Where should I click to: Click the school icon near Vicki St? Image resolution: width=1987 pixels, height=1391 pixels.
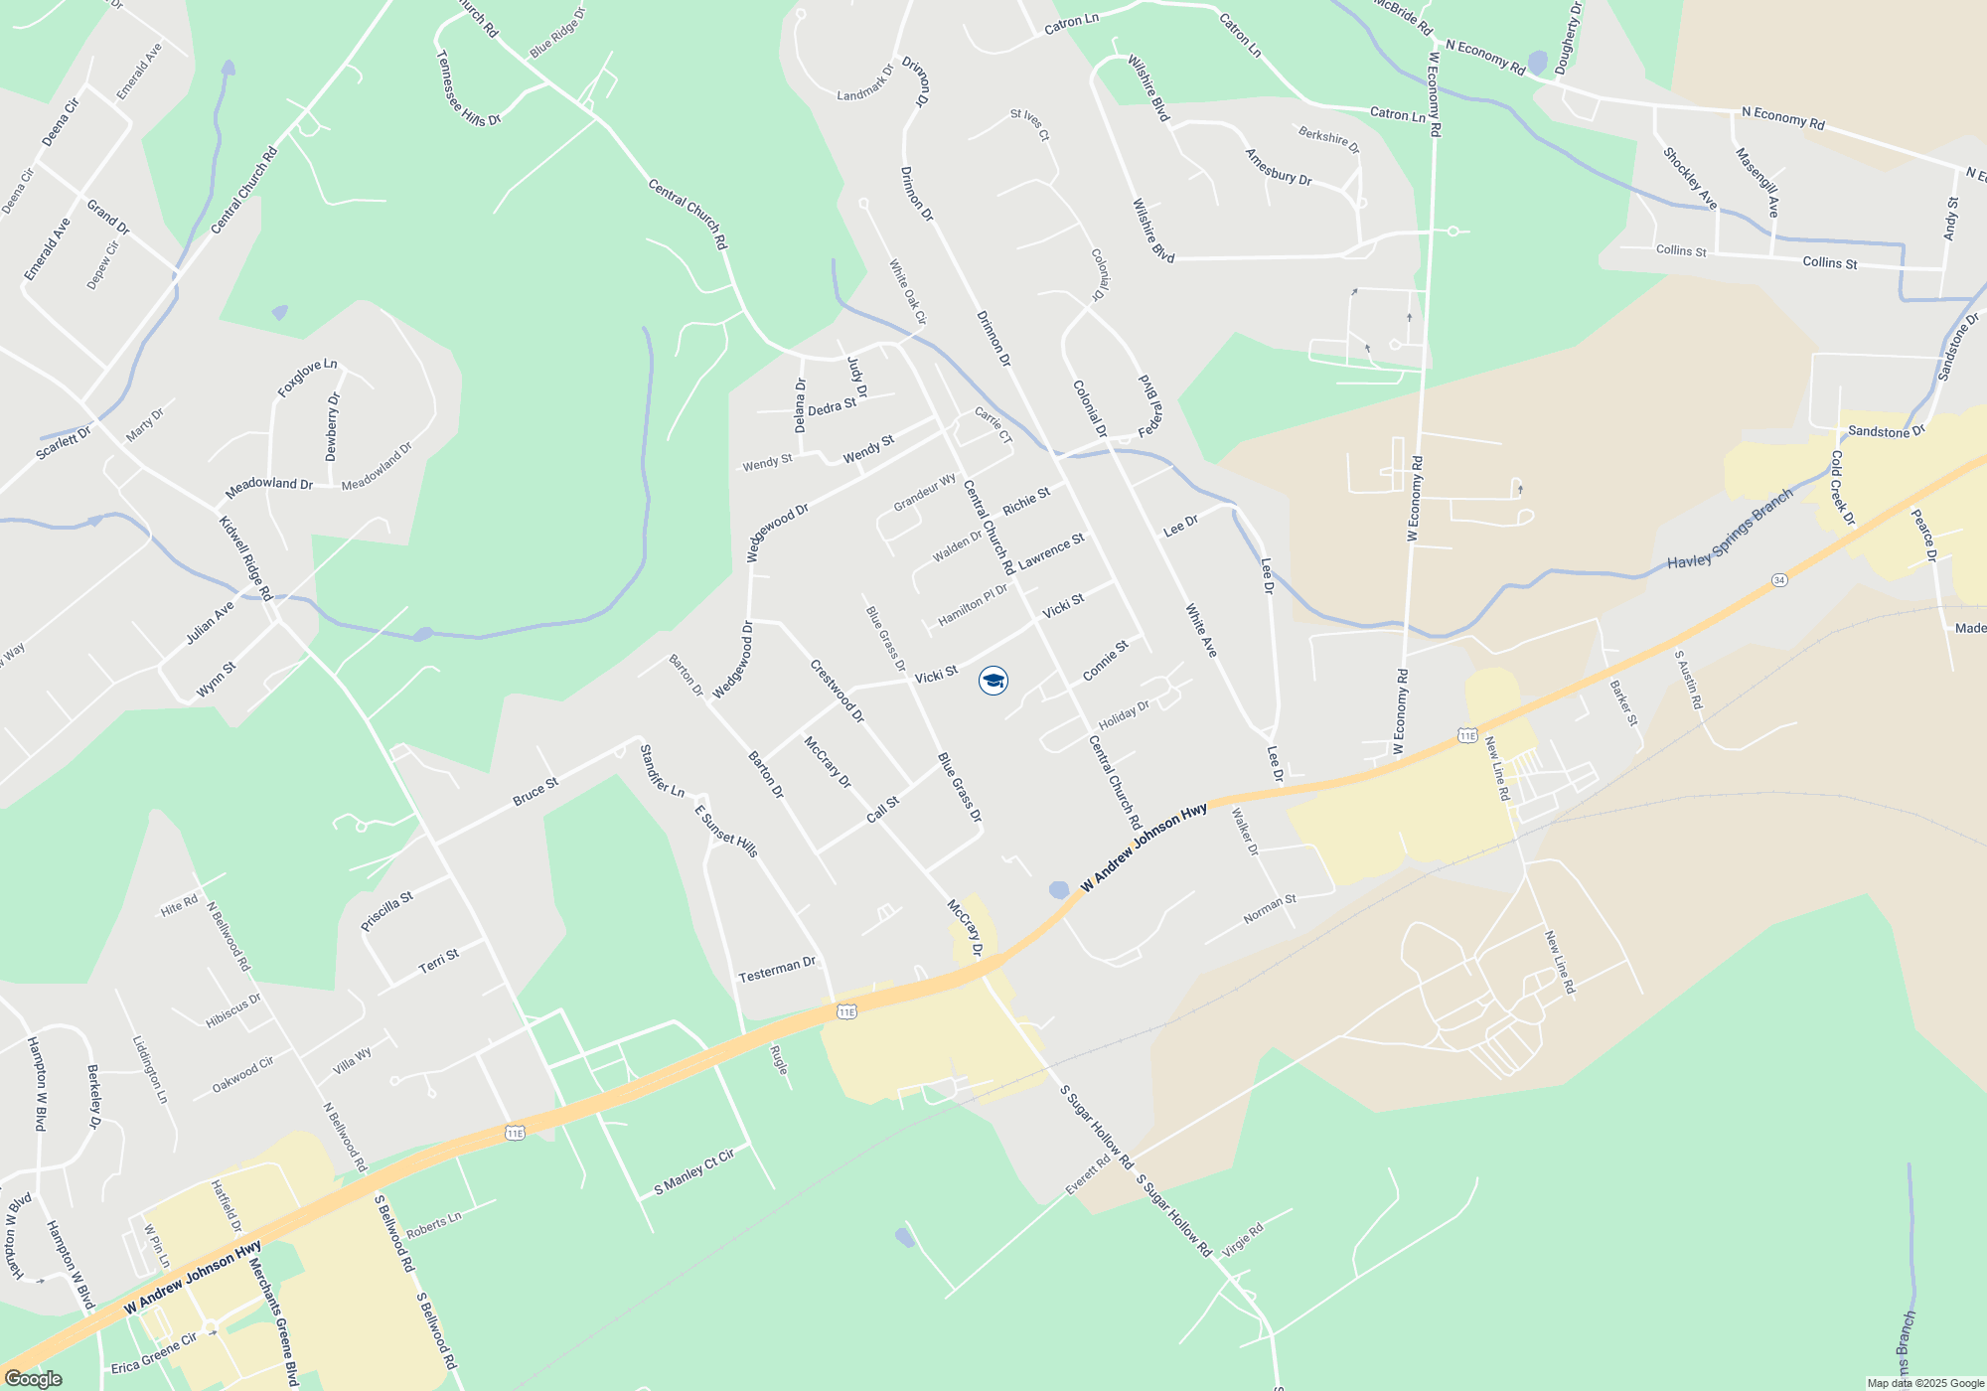pyautogui.click(x=993, y=681)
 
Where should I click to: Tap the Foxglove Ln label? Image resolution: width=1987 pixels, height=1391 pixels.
pyautogui.click(x=307, y=379)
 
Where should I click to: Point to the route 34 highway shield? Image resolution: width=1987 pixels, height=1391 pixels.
pyautogui.click(x=1779, y=580)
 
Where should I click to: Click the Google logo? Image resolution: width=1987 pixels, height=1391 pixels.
pyautogui.click(x=33, y=1379)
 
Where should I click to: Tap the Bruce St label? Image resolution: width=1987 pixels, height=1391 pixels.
pyautogui.click(x=535, y=792)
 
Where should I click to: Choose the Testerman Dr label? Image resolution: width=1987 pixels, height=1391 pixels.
pyautogui.click(x=777, y=970)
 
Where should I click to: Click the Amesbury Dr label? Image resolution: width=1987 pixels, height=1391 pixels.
pyautogui.click(x=1279, y=167)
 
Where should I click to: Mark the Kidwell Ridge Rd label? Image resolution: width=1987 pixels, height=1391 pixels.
pyautogui.click(x=245, y=557)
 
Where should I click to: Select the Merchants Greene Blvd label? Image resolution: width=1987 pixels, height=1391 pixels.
pyautogui.click(x=273, y=1321)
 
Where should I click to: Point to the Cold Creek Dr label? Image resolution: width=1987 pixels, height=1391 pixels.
pyautogui.click(x=1843, y=488)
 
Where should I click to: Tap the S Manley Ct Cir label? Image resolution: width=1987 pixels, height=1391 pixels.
pyautogui.click(x=694, y=1173)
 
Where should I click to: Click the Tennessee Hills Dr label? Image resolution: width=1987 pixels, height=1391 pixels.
pyautogui.click(x=469, y=88)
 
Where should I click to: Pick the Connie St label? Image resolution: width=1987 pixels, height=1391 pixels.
pyautogui.click(x=1106, y=661)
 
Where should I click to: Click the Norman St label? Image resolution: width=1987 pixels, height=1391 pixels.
pyautogui.click(x=1270, y=909)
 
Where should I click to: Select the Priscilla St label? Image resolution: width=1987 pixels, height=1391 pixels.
pyautogui.click(x=386, y=911)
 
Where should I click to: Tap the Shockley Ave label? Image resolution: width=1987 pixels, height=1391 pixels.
pyautogui.click(x=1690, y=179)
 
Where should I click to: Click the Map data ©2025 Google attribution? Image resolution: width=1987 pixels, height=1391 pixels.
pyautogui.click(x=1925, y=1383)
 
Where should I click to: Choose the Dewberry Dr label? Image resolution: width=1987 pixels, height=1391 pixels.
pyautogui.click(x=332, y=427)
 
